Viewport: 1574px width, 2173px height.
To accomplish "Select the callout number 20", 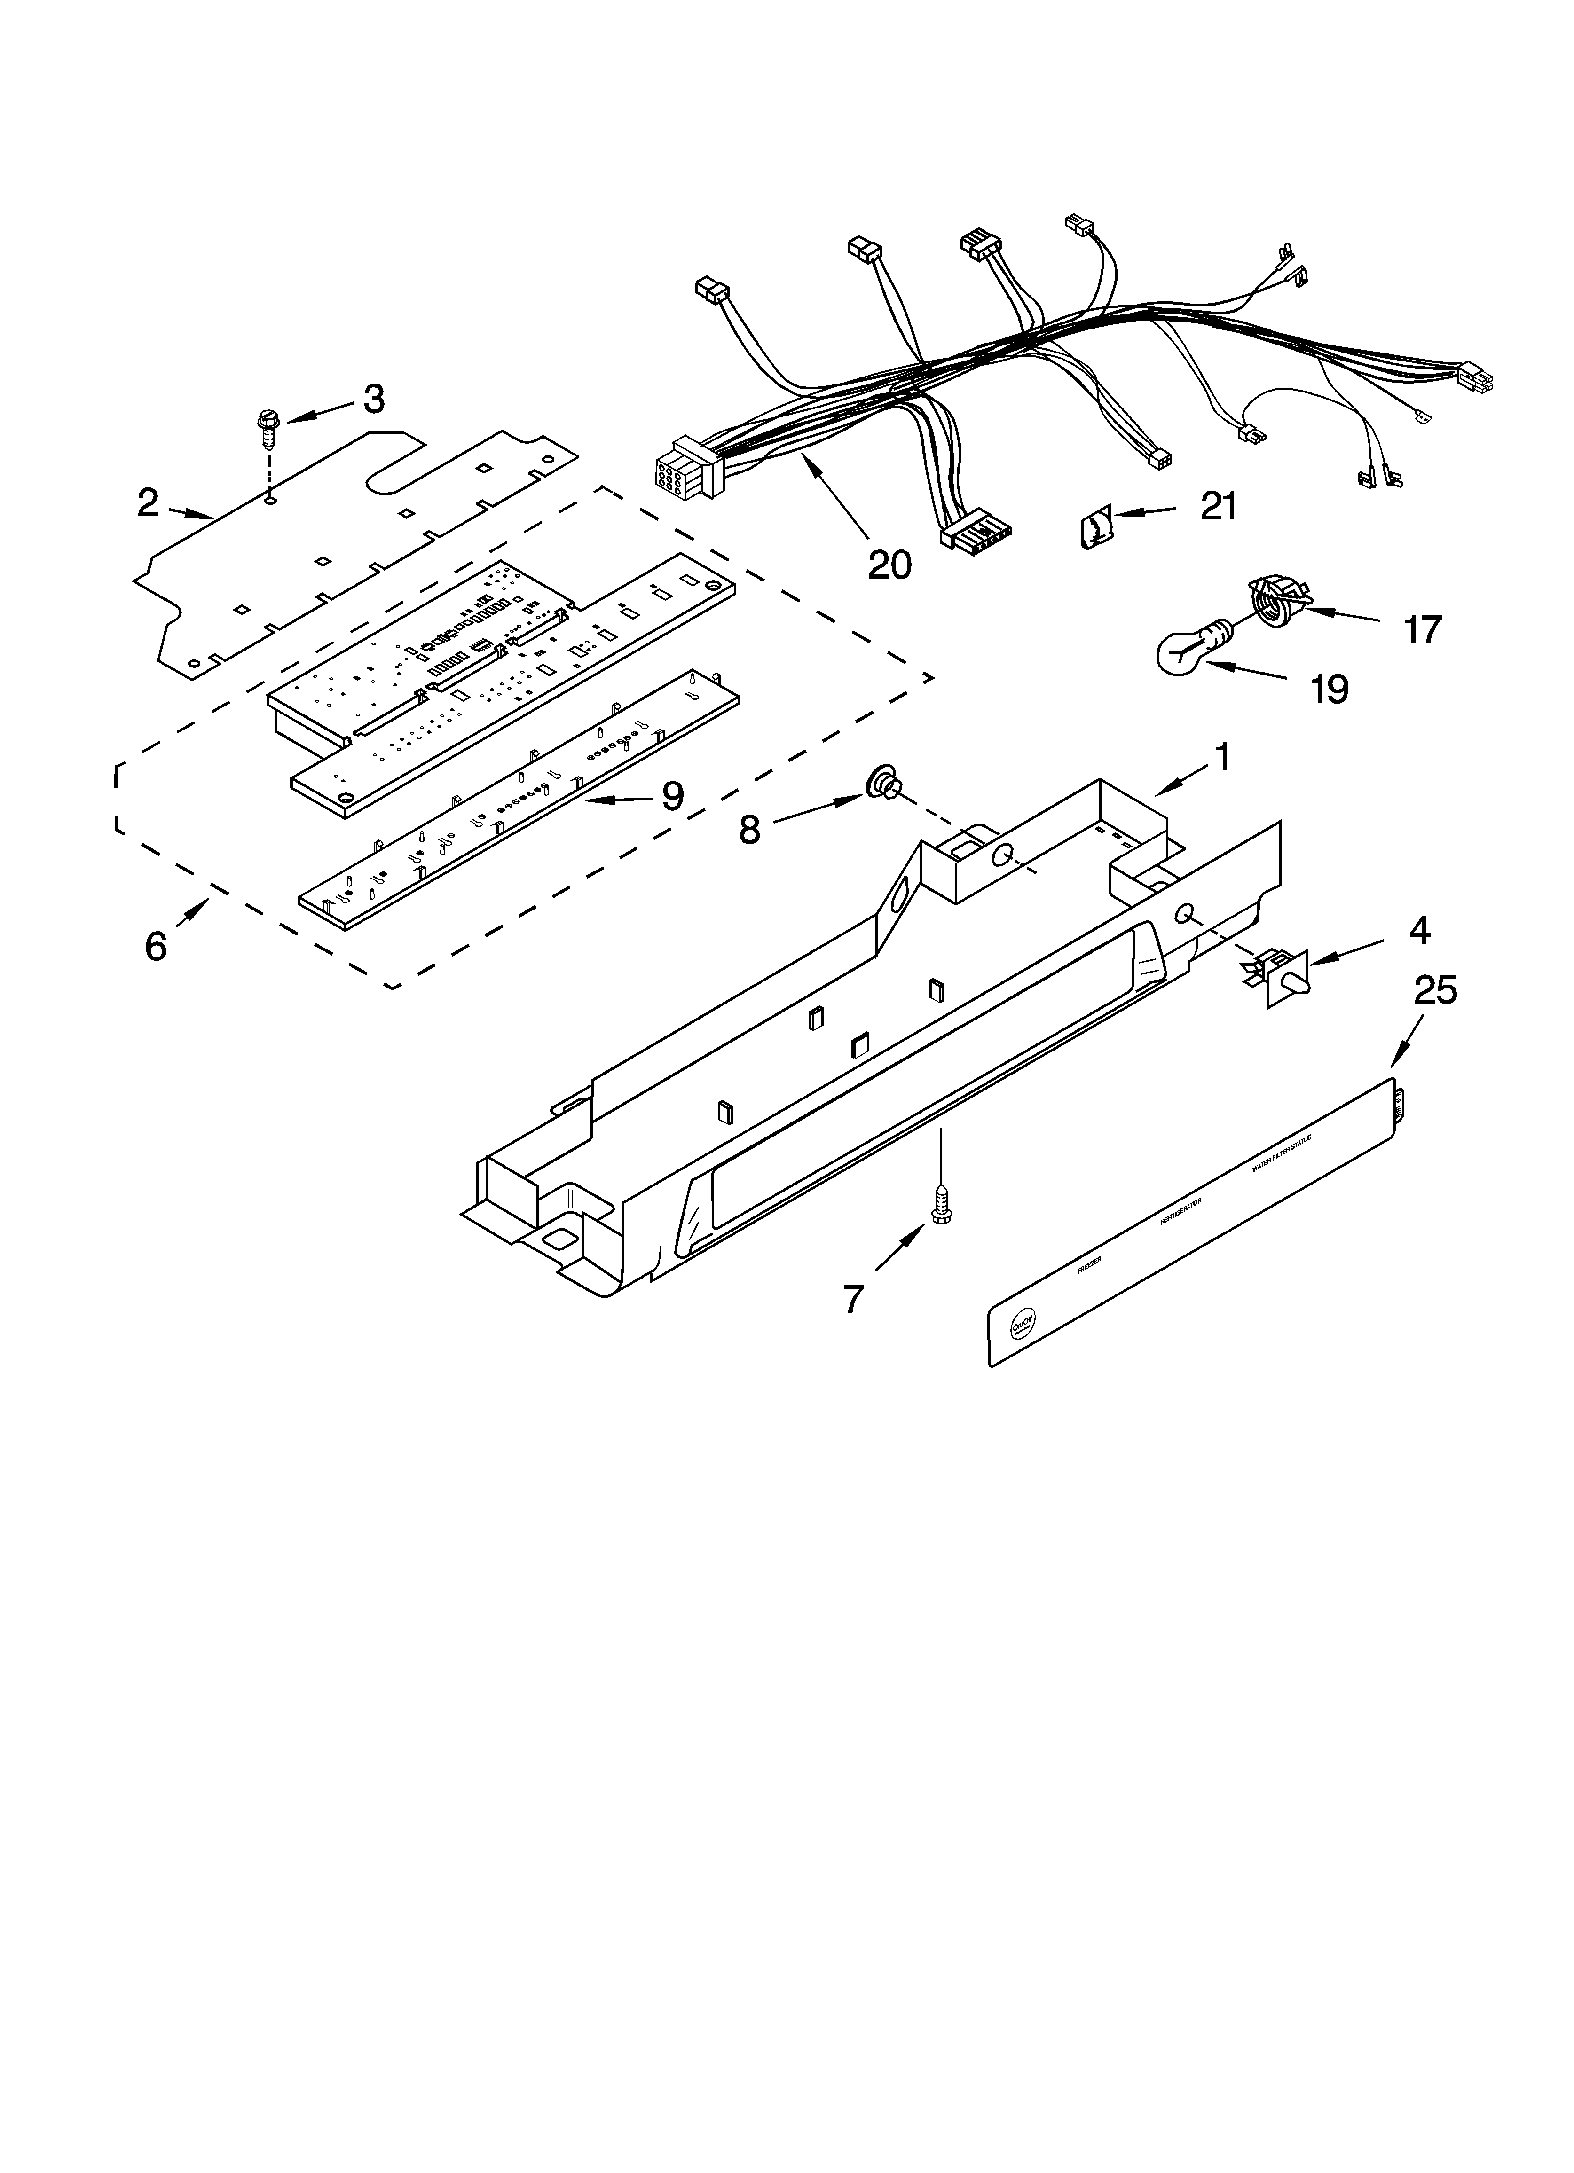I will pyautogui.click(x=889, y=565).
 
